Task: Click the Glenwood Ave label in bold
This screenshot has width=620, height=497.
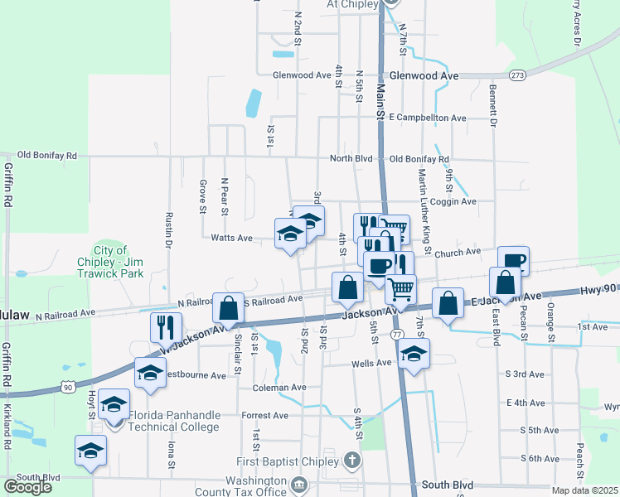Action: pos(424,75)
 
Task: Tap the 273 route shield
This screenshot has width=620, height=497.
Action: pos(518,75)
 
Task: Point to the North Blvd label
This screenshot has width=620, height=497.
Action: pos(351,158)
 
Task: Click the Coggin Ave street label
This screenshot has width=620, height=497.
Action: pos(453,201)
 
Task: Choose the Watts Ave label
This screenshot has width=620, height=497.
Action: pos(231,238)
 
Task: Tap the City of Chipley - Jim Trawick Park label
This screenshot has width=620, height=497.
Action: pos(110,262)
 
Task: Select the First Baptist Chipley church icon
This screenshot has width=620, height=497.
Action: pos(351,460)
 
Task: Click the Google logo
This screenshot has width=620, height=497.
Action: pos(27,486)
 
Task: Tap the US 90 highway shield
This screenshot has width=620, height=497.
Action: pos(67,387)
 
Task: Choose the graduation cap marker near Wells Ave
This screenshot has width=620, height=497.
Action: pos(414,354)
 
